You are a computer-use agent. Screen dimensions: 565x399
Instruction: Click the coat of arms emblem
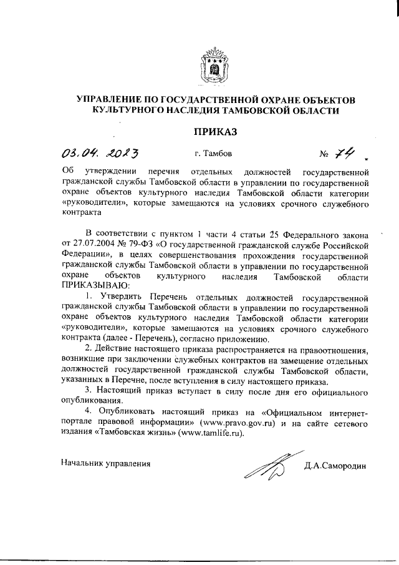click(x=214, y=67)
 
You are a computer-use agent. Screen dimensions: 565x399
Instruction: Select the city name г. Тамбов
click(x=213, y=154)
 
